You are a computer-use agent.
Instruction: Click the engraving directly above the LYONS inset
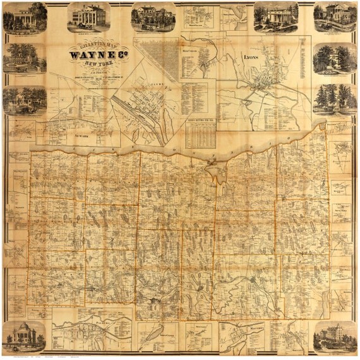pyautogui.click(x=276, y=17)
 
